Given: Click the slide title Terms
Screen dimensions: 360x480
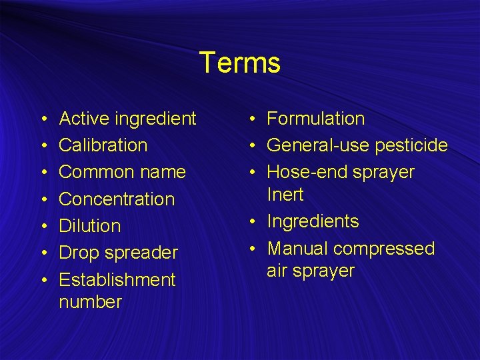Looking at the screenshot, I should pyautogui.click(x=239, y=63).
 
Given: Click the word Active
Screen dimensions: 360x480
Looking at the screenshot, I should pyautogui.click(x=85, y=119).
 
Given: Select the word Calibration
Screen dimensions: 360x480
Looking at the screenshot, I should pyautogui.click(x=103, y=145).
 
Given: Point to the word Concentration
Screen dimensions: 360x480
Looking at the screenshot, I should pyautogui.click(x=117, y=199).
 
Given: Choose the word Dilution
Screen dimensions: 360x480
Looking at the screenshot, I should pyautogui.click(x=90, y=226).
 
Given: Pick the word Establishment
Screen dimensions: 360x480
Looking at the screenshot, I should pyautogui.click(x=117, y=279).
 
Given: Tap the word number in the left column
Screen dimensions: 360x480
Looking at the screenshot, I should pyautogui.click(x=91, y=302).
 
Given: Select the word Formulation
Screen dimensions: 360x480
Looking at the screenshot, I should pyautogui.click(x=316, y=119).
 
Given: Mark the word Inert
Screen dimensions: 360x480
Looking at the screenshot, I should pyautogui.click(x=285, y=195).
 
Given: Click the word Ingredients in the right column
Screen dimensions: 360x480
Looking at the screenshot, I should pyautogui.click(x=313, y=222).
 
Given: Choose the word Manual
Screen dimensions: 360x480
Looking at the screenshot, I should pyautogui.click(x=297, y=249).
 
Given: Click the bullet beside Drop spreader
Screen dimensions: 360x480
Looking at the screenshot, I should pyautogui.click(x=43, y=253).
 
